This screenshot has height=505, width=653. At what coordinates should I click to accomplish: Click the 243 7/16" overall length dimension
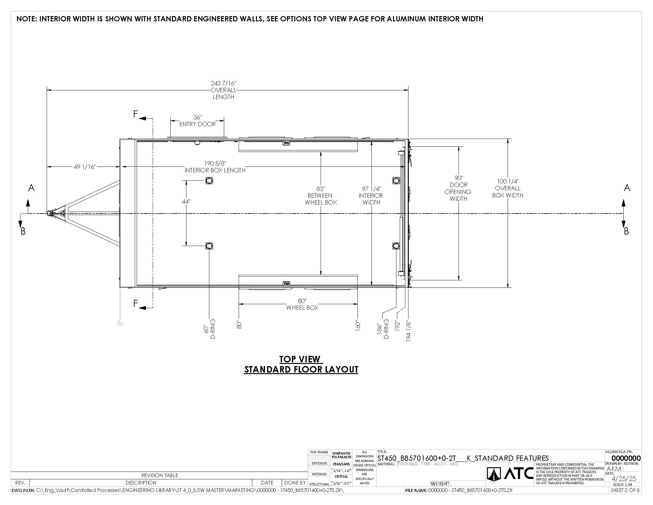(x=224, y=84)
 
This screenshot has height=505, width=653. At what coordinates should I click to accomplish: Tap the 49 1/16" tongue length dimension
(x=85, y=167)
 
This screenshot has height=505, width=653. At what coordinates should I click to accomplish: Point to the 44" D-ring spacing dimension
(x=186, y=201)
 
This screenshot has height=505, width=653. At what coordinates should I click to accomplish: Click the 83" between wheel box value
(x=321, y=189)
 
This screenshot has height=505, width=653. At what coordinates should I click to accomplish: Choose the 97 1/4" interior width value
(x=371, y=189)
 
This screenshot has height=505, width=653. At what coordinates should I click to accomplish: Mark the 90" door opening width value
(x=459, y=178)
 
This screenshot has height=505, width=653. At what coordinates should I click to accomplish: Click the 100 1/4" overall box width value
(x=508, y=181)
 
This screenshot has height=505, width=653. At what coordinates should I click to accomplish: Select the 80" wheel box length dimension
(x=302, y=301)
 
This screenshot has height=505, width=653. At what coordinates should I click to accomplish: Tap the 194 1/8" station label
(x=408, y=331)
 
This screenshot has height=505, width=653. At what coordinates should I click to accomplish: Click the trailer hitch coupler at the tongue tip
(x=50, y=213)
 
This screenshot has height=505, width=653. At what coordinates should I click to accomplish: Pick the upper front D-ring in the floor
(x=209, y=180)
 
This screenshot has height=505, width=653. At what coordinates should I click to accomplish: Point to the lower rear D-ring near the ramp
(x=396, y=246)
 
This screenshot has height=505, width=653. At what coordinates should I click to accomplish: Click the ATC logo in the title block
(x=510, y=474)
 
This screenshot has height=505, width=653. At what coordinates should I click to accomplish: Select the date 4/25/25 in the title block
(x=624, y=479)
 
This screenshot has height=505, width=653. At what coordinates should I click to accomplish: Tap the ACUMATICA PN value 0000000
(x=626, y=458)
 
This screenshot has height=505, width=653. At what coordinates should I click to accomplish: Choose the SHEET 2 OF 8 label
(x=625, y=490)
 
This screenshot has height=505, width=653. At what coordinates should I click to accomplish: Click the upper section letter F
(x=135, y=114)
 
